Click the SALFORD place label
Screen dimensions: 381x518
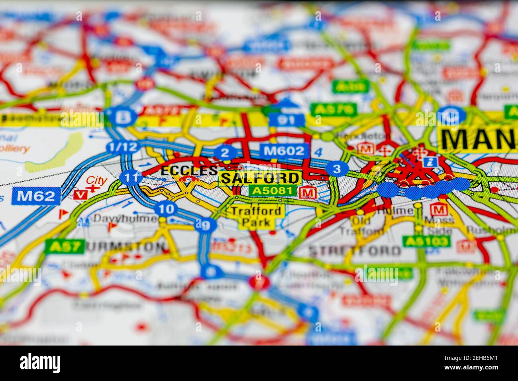pos(260,178)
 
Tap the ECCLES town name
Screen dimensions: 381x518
pos(189,171)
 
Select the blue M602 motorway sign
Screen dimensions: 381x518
pos(285,151)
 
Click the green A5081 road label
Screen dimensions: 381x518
pos(273,191)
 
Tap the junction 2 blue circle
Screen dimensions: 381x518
pos(225,153)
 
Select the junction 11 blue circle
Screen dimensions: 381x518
pos(129,177)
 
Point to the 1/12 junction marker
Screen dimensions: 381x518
pos(122,147)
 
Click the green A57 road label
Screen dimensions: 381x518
pos(65,246)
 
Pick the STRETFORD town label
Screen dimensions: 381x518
pos(355,251)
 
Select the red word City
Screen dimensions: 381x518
pos(97,181)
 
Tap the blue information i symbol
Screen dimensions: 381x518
pos(429,161)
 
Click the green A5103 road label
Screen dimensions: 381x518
pos(426,241)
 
